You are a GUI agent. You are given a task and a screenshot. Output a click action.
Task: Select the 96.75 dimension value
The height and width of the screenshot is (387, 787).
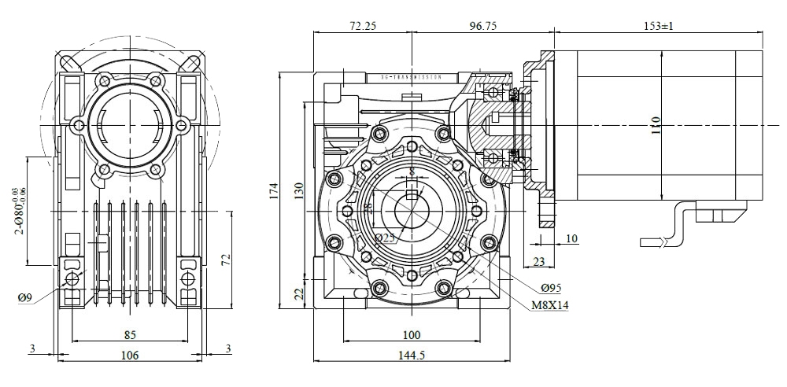pyautogui.click(x=482, y=26)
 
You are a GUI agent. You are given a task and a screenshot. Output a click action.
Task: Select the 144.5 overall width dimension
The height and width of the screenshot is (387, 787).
pyautogui.click(x=410, y=356)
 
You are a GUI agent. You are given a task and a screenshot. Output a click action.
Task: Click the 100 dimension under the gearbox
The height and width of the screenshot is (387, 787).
pyautogui.click(x=410, y=335)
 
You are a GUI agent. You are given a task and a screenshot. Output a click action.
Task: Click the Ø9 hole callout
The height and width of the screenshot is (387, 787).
pyautogui.click(x=24, y=297)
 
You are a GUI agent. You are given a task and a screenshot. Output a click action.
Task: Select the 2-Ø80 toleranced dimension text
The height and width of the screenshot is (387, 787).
pyautogui.click(x=15, y=211)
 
